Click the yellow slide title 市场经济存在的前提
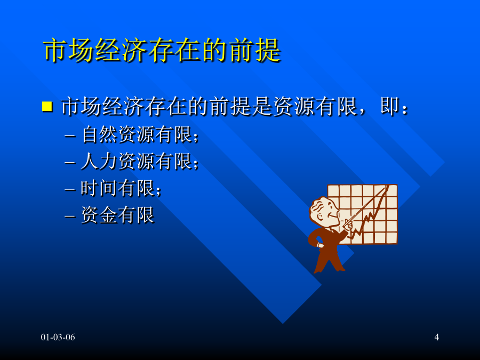[x=162, y=50]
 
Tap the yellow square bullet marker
[x=47, y=106]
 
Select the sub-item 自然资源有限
[x=137, y=134]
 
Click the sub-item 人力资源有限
[x=137, y=161]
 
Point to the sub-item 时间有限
[x=118, y=188]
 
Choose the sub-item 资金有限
[x=117, y=214]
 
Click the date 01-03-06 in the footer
[x=58, y=337]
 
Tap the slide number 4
[x=436, y=337]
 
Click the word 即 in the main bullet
[x=390, y=106]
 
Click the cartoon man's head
[x=324, y=212]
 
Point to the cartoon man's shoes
[x=329, y=270]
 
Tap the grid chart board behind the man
[x=363, y=214]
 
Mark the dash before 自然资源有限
[x=70, y=135]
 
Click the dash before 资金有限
[x=70, y=216]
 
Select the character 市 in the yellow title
[x=55, y=50]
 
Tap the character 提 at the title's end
[x=268, y=50]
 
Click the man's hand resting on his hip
[x=319, y=245]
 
